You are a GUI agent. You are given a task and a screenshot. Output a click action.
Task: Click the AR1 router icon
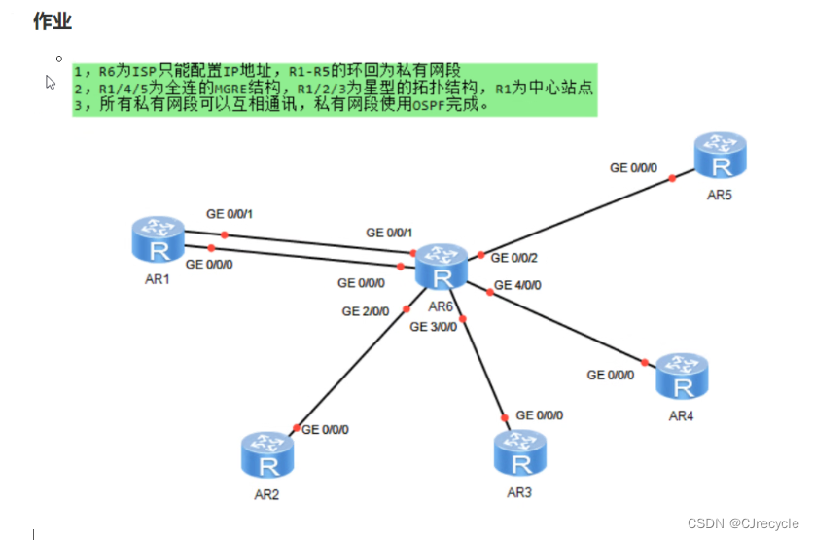pyautogui.click(x=158, y=239)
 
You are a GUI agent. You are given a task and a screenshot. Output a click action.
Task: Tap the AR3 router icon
pyautogui.click(x=519, y=452)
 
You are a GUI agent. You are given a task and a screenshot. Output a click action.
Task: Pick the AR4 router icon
pyautogui.click(x=683, y=377)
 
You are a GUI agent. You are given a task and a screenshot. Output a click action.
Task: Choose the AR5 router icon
pyautogui.click(x=721, y=157)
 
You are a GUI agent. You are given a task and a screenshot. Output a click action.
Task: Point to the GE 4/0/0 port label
pyautogui.click(x=517, y=285)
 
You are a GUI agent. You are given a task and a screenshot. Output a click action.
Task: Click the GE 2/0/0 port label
pyautogui.click(x=365, y=311)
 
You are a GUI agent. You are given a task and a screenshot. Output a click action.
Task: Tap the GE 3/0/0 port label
pyautogui.click(x=433, y=327)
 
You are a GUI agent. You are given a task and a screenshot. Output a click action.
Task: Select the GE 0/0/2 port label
pyautogui.click(x=514, y=258)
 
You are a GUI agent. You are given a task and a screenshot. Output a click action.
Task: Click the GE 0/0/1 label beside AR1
pyautogui.click(x=230, y=214)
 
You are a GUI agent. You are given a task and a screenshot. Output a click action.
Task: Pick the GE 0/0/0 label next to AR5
pyautogui.click(x=633, y=167)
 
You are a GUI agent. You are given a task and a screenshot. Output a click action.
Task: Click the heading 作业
pyautogui.click(x=53, y=20)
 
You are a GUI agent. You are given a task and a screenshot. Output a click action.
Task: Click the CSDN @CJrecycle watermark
pyautogui.click(x=742, y=522)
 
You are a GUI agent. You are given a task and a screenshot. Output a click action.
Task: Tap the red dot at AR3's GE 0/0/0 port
pyautogui.click(x=505, y=418)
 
